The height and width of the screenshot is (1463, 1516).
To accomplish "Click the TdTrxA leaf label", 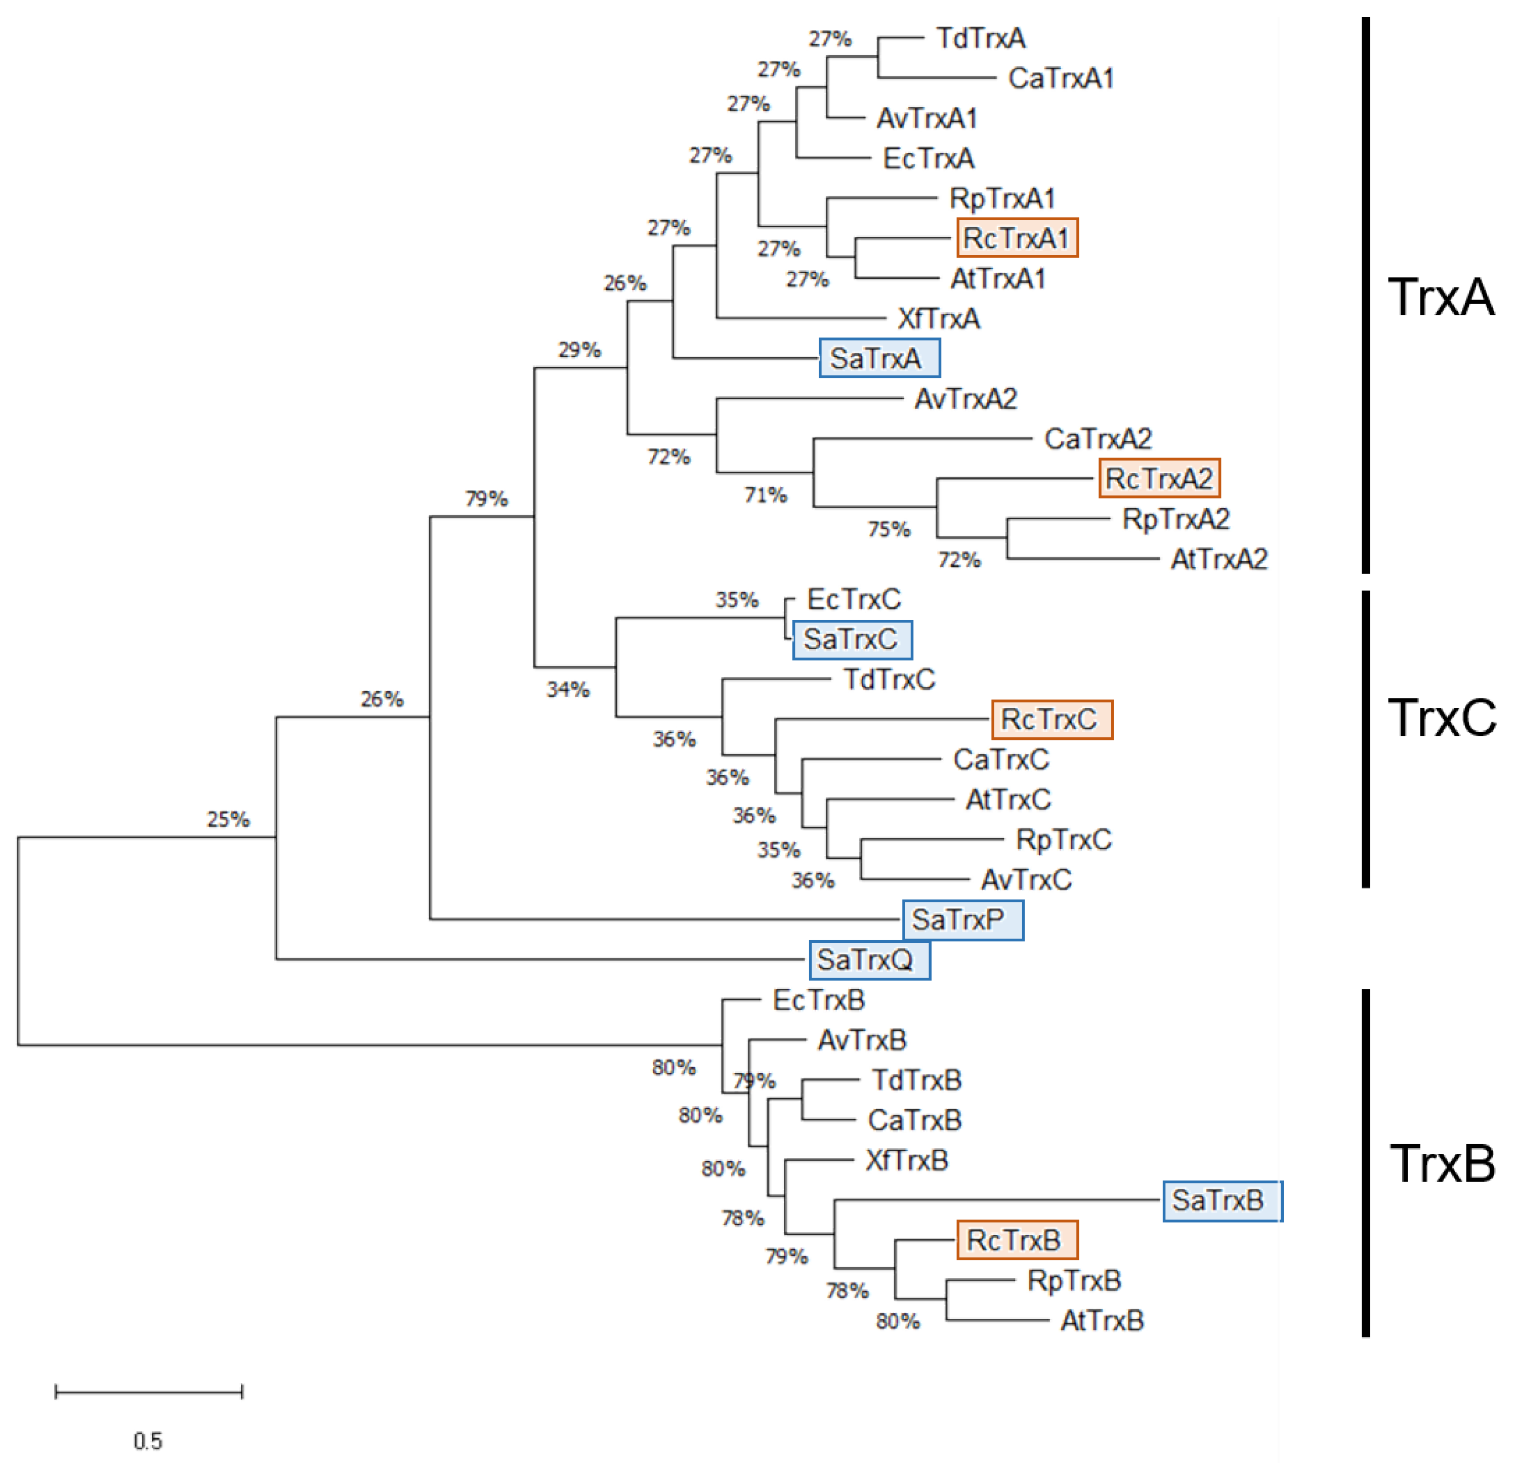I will pyautogui.click(x=981, y=38).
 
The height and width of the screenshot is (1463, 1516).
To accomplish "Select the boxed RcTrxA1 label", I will pyautogui.click(x=1017, y=238).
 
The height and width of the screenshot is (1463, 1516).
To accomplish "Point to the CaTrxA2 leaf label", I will pyautogui.click(x=1098, y=439).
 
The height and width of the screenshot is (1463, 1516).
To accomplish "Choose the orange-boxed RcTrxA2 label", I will pyautogui.click(x=1159, y=478).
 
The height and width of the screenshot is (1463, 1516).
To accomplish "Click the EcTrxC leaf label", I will pyautogui.click(x=853, y=599).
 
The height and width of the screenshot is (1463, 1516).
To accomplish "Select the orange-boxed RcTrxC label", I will pyautogui.click(x=1051, y=720).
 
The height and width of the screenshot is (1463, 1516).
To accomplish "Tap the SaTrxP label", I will pyautogui.click(x=962, y=920).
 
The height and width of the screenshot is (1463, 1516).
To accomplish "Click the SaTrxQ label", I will pyautogui.click(x=869, y=960).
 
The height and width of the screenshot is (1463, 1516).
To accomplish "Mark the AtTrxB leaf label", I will pyautogui.click(x=1102, y=1321).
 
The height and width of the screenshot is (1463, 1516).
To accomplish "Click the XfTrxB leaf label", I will pyautogui.click(x=906, y=1160).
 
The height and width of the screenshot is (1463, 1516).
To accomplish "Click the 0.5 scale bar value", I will pyautogui.click(x=148, y=1441).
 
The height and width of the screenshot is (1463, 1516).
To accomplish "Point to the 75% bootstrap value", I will pyautogui.click(x=889, y=529).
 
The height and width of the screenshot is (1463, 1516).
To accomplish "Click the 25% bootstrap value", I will pyautogui.click(x=228, y=819).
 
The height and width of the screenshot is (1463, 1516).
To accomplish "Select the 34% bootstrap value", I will pyautogui.click(x=568, y=689).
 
